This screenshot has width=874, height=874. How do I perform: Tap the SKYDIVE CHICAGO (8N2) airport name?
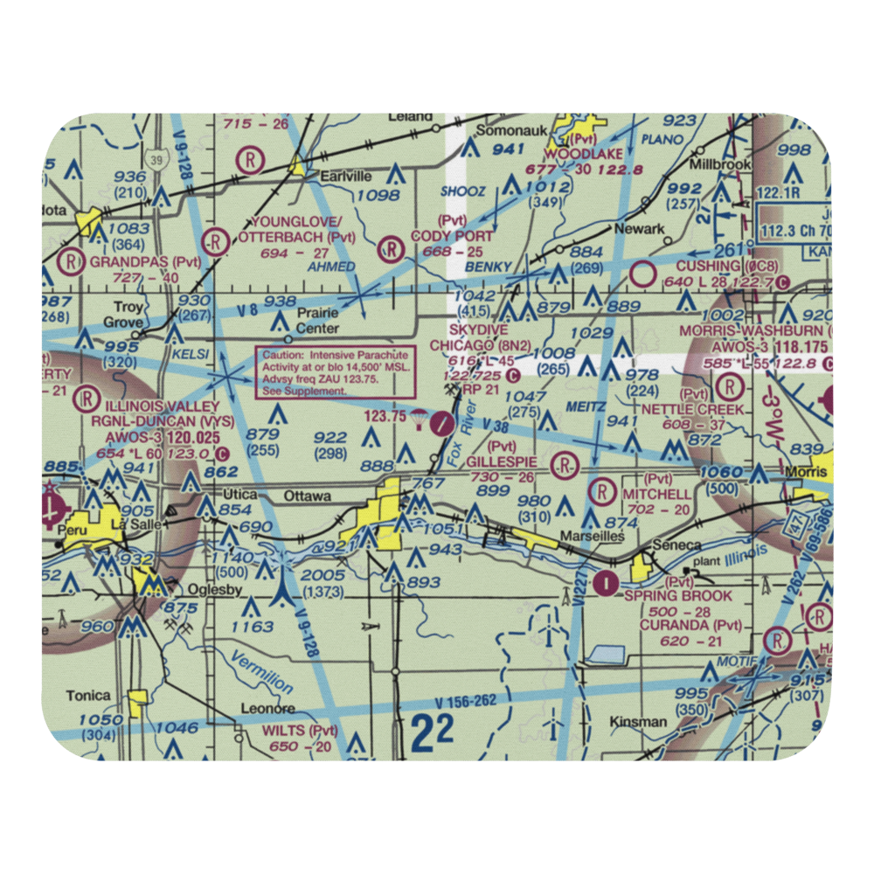pyautogui.click(x=480, y=336)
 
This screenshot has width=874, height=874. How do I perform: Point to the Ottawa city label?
pyautogui.click(x=307, y=496)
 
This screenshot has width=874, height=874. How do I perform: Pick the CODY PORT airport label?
pyautogui.click(x=465, y=236)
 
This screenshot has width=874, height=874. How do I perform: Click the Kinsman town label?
pyautogui.click(x=639, y=722)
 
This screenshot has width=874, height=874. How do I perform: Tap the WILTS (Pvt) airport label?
pyautogui.click(x=300, y=731)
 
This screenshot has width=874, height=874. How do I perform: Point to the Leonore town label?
pyautogui.click(x=267, y=709)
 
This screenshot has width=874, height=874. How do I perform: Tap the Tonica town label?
pyautogui.click(x=87, y=696)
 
